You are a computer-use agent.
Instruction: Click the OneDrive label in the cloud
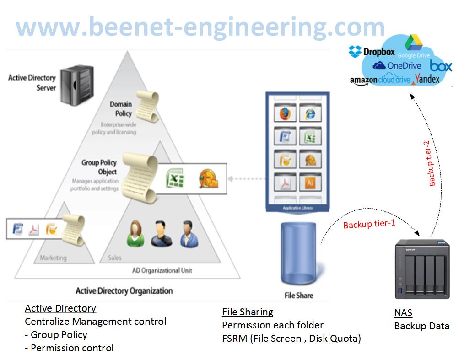point(397,65)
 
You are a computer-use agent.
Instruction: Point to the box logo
point(441,66)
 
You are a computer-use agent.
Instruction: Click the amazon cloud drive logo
point(380,80)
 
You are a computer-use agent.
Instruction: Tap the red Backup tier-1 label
point(369,224)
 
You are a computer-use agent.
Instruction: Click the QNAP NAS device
point(421,270)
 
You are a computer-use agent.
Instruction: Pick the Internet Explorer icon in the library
point(310,113)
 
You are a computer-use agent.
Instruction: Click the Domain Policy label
point(120,109)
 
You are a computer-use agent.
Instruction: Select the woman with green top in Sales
point(135,233)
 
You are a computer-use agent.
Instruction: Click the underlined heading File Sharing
point(248,312)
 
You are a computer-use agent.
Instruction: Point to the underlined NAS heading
point(403,313)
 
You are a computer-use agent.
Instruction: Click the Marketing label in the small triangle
point(53,258)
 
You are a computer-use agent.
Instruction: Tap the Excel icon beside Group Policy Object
point(174,178)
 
